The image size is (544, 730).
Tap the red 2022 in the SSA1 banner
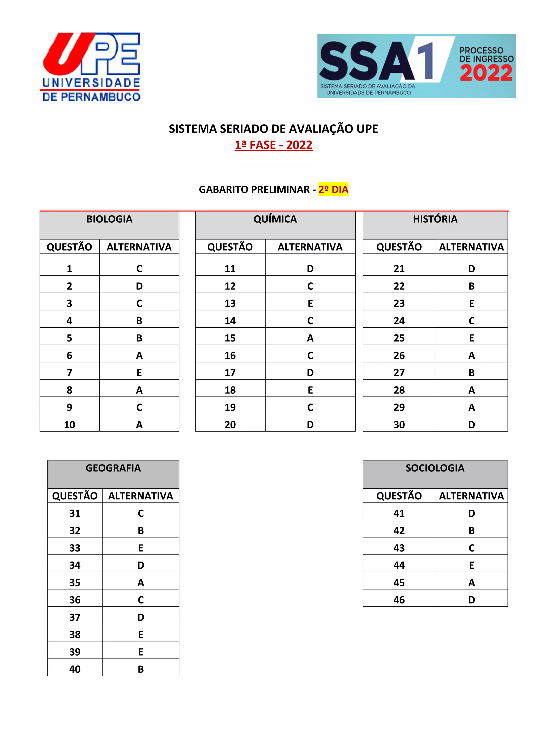click(x=486, y=73)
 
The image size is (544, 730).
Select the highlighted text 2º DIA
click(x=333, y=189)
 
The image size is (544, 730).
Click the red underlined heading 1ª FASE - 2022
click(x=273, y=145)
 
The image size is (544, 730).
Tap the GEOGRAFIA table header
click(x=113, y=468)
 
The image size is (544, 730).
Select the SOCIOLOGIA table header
click(x=435, y=468)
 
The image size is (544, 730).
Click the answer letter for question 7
click(x=139, y=373)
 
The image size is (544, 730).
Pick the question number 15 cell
click(x=230, y=338)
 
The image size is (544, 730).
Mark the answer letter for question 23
click(x=471, y=303)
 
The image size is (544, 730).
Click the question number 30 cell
click(x=399, y=425)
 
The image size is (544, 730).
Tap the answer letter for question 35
click(x=141, y=583)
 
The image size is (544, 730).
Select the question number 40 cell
click(x=75, y=669)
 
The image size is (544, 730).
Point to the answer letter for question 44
click(x=471, y=565)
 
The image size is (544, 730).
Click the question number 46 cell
click(x=399, y=600)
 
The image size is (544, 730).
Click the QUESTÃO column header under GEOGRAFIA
click(x=75, y=496)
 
